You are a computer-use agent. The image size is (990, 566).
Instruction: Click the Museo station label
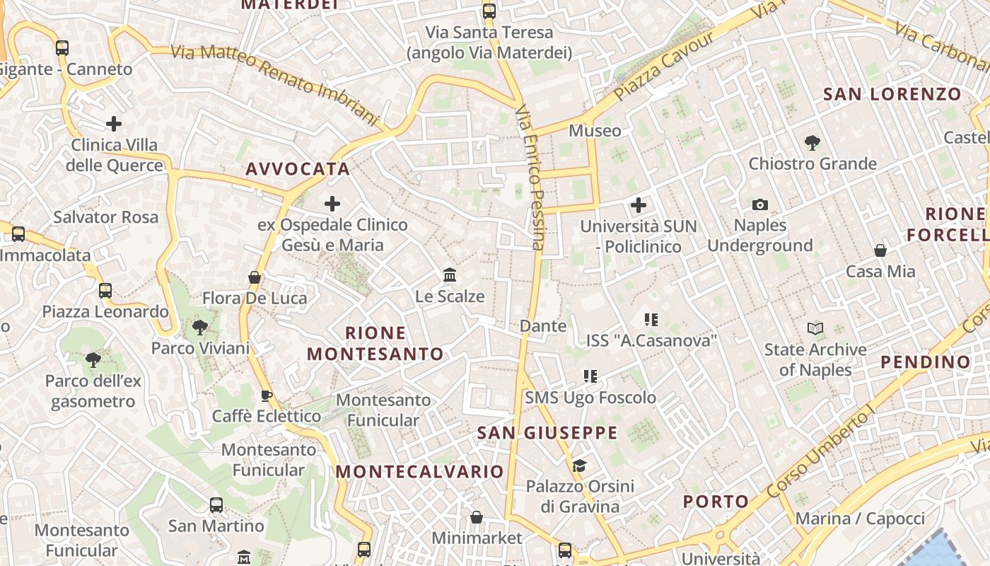pos(595,131)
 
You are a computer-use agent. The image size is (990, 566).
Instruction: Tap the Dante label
pos(543,326)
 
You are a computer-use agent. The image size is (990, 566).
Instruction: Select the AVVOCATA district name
pos(298,169)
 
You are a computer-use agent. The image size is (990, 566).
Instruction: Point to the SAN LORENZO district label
pos(892,94)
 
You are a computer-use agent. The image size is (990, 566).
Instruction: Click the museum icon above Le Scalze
pos(450,275)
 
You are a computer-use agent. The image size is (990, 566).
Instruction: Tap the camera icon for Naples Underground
pos(760,205)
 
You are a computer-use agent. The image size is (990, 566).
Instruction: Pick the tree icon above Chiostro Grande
pos(813,143)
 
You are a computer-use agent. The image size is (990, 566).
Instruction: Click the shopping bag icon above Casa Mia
pos(880,250)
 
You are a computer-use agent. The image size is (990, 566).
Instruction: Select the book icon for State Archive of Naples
pos(815,329)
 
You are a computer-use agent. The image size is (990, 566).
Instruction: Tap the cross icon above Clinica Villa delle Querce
pos(114,125)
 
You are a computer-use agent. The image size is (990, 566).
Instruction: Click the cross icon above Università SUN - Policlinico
pos(639,206)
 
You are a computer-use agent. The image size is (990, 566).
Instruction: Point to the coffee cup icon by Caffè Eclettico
pos(267,396)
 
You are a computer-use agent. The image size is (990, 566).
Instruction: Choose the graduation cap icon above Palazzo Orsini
pos(580,466)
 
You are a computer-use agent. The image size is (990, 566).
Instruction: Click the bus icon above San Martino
pos(216,505)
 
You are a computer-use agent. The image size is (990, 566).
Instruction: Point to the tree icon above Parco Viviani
pos(200,328)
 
